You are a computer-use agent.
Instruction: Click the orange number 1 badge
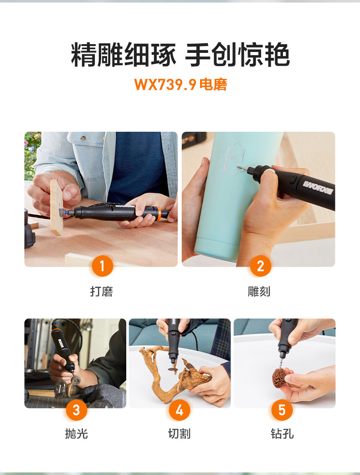coord(103,266)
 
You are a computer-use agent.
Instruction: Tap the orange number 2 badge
coord(260,266)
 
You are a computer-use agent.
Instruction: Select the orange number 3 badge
coord(76,410)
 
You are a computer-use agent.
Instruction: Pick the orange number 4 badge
coord(180,410)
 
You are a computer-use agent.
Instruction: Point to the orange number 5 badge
coord(282,410)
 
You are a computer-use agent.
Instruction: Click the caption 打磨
coord(102,291)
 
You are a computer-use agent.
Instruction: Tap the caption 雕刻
coord(259,291)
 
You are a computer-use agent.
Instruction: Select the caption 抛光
coord(76,434)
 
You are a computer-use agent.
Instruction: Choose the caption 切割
coord(180,434)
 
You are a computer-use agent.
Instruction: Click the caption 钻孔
coord(282,434)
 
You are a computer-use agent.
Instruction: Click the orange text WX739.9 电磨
coord(180,84)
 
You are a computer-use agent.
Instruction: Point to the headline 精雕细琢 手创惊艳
coord(180,55)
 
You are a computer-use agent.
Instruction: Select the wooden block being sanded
coord(57,207)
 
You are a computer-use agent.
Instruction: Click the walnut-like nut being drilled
coord(279,377)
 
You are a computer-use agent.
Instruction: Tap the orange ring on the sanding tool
coord(158,213)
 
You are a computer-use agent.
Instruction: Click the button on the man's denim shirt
coord(83,139)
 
